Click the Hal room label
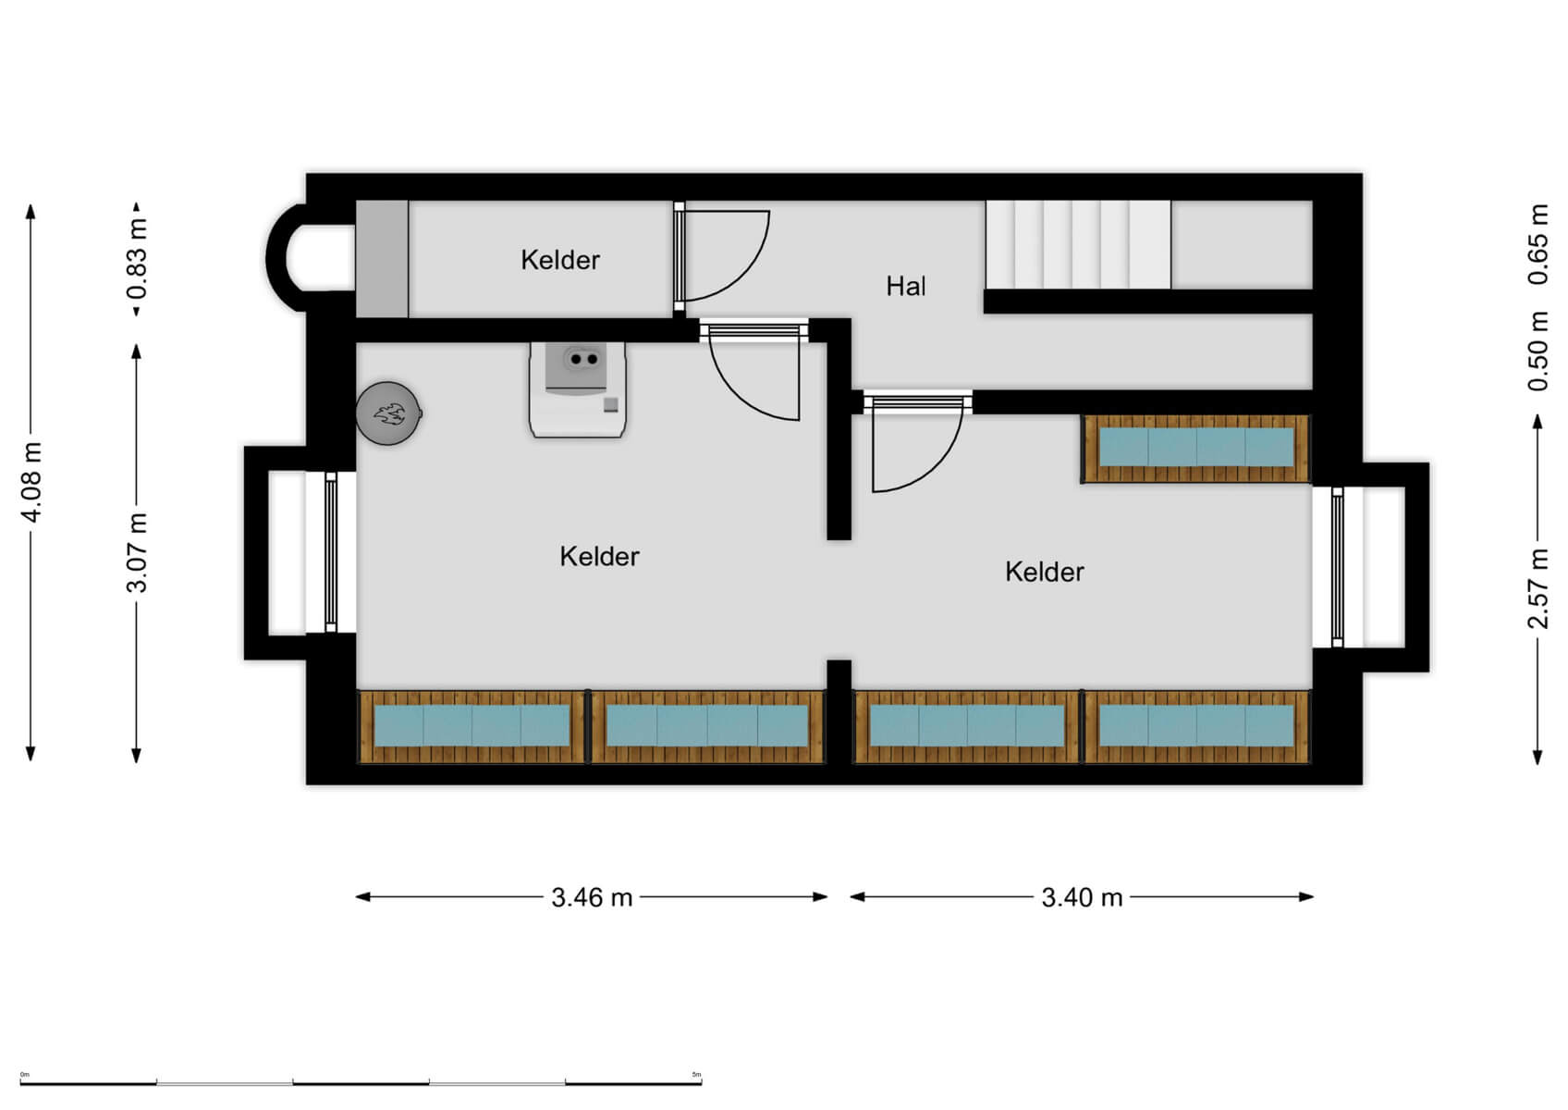click(905, 287)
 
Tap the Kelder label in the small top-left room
click(559, 260)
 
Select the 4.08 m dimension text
click(31, 482)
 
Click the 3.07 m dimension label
click(137, 552)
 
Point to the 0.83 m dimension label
click(137, 259)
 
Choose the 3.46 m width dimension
click(592, 897)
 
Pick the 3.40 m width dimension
click(1082, 897)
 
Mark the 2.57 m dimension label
click(1537, 588)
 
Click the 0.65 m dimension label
click(1537, 244)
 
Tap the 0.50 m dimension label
click(1537, 351)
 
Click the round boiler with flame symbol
click(388, 413)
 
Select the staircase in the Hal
click(1077, 245)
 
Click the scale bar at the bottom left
click(361, 1081)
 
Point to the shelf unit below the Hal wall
click(1195, 449)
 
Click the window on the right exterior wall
click(1337, 566)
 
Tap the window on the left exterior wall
click(330, 552)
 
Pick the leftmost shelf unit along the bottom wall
click(472, 726)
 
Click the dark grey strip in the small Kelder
click(382, 259)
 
